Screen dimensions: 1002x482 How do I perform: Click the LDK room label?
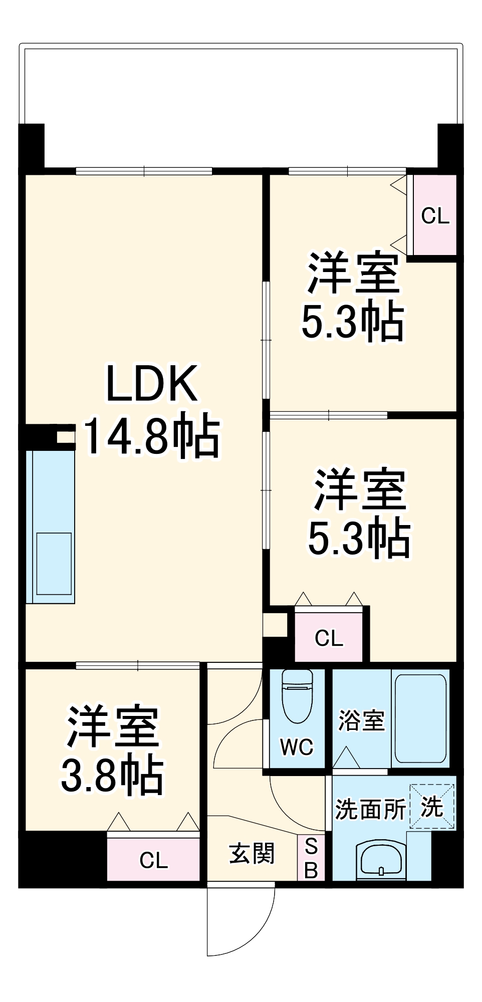(x=151, y=384)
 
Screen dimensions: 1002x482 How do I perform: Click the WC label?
(x=297, y=747)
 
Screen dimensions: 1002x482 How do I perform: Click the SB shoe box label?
(x=311, y=859)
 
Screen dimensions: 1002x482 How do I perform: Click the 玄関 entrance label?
(x=252, y=853)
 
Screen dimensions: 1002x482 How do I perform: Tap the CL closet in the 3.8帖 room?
(x=153, y=860)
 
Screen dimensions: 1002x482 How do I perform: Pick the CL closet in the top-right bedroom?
(x=434, y=215)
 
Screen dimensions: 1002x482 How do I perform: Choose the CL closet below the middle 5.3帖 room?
(x=329, y=638)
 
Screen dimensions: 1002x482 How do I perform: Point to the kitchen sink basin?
(x=54, y=564)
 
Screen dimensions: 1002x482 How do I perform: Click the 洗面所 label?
(x=370, y=808)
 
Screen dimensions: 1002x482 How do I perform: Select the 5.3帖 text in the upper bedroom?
(x=352, y=321)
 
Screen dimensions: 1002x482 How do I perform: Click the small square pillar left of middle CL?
(x=275, y=624)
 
